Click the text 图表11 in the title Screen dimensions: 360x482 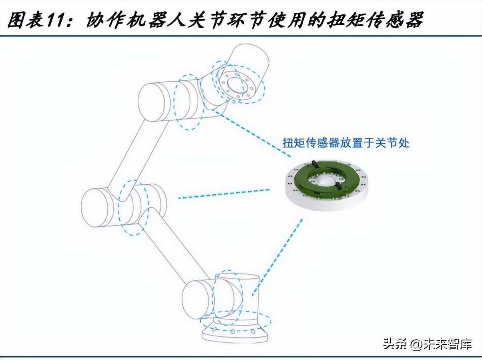click(x=38, y=20)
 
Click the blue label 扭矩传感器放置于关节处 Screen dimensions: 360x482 click(x=346, y=143)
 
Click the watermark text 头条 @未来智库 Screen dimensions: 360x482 click(x=428, y=343)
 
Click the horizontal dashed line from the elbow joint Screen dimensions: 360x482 click(x=224, y=193)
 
